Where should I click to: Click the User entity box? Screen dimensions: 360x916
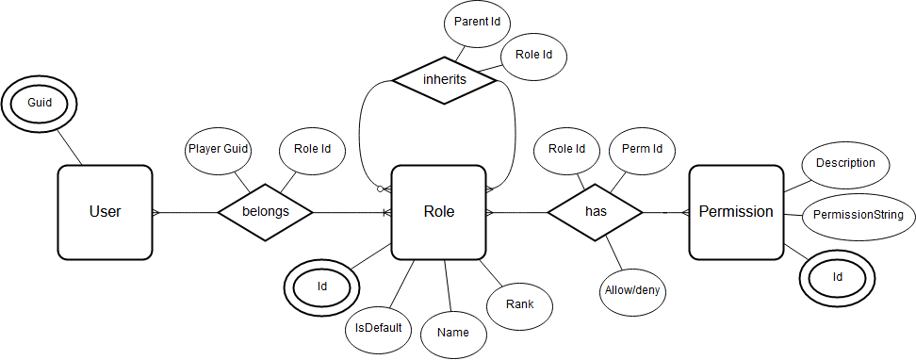click(105, 212)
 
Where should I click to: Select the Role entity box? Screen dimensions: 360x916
click(438, 212)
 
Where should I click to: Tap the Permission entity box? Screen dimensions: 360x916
click(736, 212)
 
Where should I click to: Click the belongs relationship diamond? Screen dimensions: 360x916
click(265, 212)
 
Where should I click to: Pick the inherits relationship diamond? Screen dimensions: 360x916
click(444, 80)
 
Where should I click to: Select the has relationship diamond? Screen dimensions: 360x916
click(596, 212)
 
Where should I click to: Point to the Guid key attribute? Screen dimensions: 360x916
click(39, 101)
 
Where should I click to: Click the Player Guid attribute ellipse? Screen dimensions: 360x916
click(218, 149)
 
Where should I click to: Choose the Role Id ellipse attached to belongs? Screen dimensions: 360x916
click(313, 149)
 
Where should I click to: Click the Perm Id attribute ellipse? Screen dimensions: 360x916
click(642, 149)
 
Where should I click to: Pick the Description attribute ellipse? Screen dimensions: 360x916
click(845, 163)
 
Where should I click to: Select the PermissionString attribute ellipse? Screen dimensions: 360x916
click(858, 215)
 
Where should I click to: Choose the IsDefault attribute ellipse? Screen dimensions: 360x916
click(378, 328)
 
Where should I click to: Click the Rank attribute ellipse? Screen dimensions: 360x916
click(519, 304)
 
